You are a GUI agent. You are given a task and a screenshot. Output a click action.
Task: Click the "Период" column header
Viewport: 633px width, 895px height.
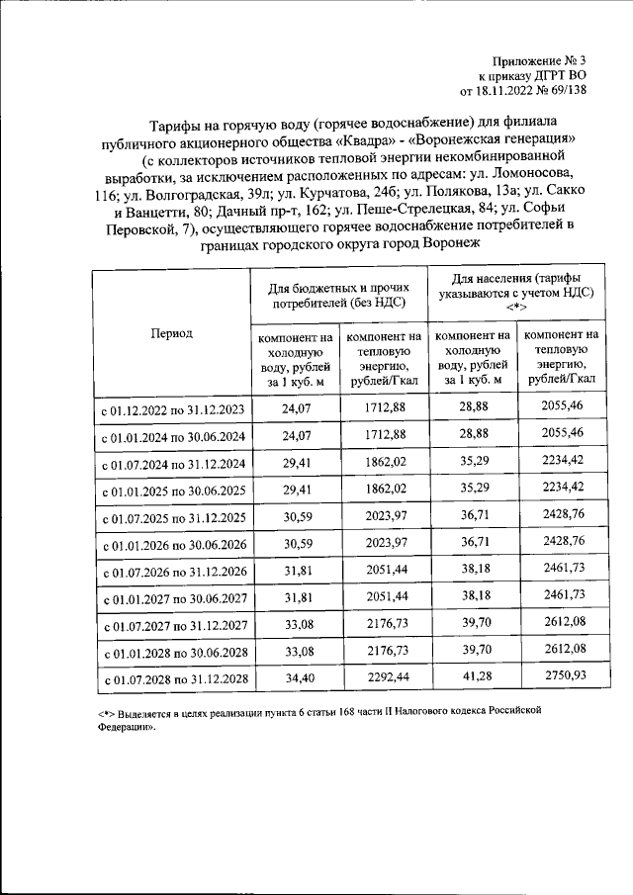click(x=171, y=333)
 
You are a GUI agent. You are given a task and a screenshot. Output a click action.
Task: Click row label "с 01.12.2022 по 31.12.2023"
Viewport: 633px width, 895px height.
click(x=174, y=408)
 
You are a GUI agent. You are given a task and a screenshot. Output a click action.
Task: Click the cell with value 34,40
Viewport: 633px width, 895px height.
click(x=296, y=680)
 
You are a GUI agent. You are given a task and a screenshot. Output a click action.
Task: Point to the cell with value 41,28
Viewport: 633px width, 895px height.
click(x=473, y=678)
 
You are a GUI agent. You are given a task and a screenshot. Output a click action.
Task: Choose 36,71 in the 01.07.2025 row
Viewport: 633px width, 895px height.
click(x=473, y=515)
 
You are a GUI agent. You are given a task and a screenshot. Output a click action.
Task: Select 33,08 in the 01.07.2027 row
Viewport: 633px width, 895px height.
click(x=296, y=624)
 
